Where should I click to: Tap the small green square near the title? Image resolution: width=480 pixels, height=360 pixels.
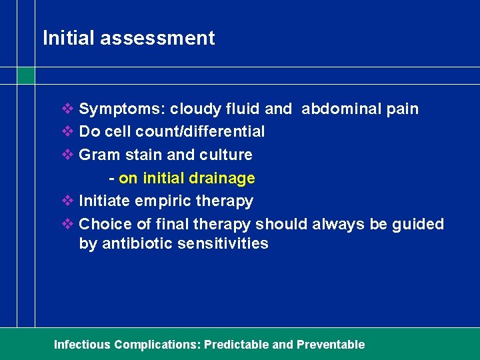pos(26,76)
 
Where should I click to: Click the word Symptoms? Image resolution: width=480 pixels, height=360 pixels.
pos(121,109)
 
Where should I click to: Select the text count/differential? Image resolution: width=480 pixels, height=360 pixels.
pos(204,131)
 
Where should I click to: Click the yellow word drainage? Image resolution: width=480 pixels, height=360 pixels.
pos(222,178)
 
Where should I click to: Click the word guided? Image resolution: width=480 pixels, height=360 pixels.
pos(418,224)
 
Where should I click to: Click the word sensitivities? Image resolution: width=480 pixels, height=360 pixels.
pos(223,243)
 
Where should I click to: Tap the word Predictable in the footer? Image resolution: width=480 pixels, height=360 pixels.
pos(236,345)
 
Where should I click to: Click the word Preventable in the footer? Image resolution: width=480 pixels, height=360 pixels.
pos(331,345)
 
